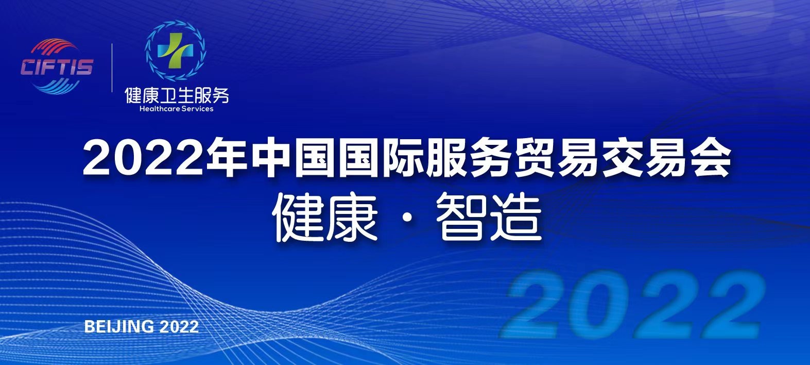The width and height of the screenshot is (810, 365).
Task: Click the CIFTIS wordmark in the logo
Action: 57,67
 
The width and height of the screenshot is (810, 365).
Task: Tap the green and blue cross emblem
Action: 176,51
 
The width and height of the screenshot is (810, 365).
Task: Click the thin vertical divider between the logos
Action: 112,68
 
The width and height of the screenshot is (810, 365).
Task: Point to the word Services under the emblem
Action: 197,109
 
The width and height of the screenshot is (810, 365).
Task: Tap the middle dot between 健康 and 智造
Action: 407,219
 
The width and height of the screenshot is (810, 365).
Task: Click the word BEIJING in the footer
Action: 118,327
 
